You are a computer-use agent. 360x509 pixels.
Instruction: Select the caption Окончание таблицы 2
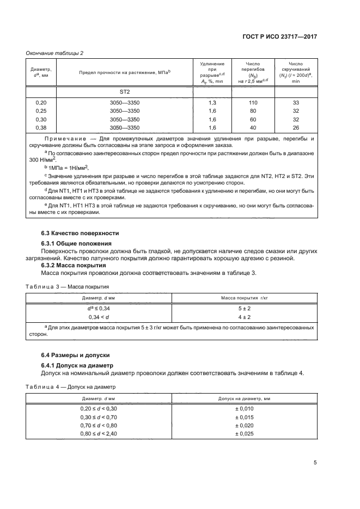point(55,53)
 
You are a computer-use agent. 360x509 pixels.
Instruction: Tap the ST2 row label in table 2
point(125,92)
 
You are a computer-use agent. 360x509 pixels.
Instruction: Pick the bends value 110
point(252,103)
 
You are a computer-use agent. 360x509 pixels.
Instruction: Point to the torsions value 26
point(296,127)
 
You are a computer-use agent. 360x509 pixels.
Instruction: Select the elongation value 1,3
point(212,103)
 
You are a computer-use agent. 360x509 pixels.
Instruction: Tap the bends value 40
point(252,127)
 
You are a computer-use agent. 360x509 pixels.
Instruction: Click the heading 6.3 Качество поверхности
point(80,234)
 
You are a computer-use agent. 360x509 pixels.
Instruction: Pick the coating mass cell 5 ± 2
point(243,308)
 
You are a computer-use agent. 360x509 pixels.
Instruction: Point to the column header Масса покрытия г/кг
point(243,298)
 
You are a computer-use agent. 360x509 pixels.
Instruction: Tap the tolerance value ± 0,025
point(243,433)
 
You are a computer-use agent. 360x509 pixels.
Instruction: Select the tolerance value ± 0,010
point(243,408)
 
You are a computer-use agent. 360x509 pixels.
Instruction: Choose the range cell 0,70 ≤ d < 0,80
point(99,425)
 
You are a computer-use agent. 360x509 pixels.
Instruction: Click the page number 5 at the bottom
point(315,463)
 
